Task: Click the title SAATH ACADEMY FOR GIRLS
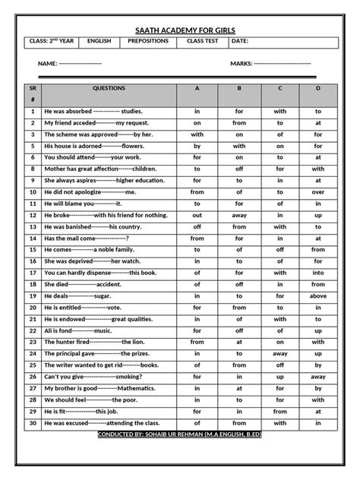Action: (179, 27)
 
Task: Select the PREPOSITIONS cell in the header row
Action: (148, 41)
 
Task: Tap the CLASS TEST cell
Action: (201, 41)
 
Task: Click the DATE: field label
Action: (239, 41)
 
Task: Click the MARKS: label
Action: (242, 64)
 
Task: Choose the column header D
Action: (318, 88)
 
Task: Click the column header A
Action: (197, 88)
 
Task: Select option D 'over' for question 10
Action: (318, 192)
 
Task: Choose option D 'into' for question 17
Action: (318, 273)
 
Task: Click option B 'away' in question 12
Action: (239, 215)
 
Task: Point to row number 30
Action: (33, 423)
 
